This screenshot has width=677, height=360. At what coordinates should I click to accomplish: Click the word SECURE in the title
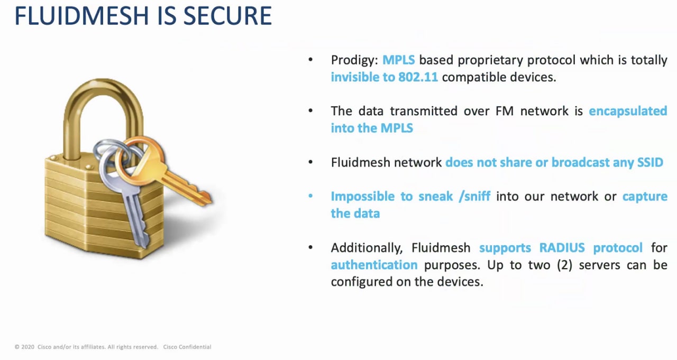pos(227,16)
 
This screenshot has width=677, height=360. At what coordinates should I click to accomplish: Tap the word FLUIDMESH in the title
pos(82,16)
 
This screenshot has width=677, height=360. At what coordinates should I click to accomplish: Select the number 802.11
pos(418,77)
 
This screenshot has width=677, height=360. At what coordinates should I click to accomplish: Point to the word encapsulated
pos(628,112)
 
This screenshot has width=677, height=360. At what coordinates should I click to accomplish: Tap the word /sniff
pos(474,197)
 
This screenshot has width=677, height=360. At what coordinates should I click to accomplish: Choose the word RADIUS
pos(562,248)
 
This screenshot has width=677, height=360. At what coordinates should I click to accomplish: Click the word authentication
pos(374,265)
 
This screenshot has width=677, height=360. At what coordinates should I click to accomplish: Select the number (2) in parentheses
pos(564,265)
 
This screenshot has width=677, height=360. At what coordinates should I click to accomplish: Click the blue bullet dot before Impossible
pos(310,196)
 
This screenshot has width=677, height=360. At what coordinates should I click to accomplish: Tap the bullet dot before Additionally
pos(310,247)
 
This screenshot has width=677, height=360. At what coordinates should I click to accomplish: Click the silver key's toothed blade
pos(136,220)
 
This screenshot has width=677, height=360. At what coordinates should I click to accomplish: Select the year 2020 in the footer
pos(28,347)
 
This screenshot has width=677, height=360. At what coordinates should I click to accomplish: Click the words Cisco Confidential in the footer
pos(187,347)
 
